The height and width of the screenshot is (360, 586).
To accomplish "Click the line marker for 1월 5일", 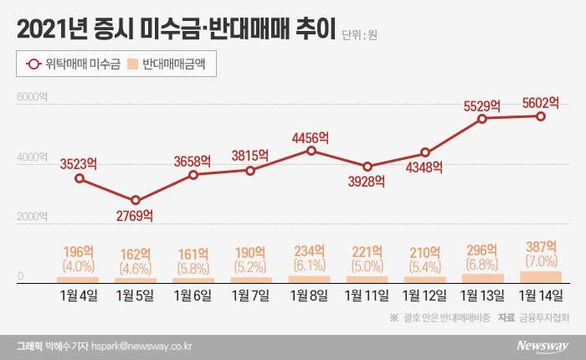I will tap(136, 201).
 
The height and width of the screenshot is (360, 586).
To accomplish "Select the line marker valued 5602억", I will tap(541, 116).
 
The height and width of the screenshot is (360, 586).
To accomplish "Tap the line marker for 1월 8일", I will tap(311, 151).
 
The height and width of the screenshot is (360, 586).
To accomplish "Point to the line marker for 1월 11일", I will tap(368, 167).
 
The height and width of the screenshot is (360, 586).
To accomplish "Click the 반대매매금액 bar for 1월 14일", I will tap(541, 276).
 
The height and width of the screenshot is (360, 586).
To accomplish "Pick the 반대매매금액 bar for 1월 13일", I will tap(483, 278).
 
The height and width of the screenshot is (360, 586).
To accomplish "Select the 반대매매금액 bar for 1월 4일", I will tap(79, 279).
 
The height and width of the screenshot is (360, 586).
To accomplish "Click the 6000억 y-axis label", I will tap(32, 99).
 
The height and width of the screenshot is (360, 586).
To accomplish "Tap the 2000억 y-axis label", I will tap(32, 218).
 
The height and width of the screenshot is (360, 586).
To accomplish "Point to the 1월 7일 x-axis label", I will tap(252, 296).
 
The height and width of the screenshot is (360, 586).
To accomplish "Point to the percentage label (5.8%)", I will tap(194, 269).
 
